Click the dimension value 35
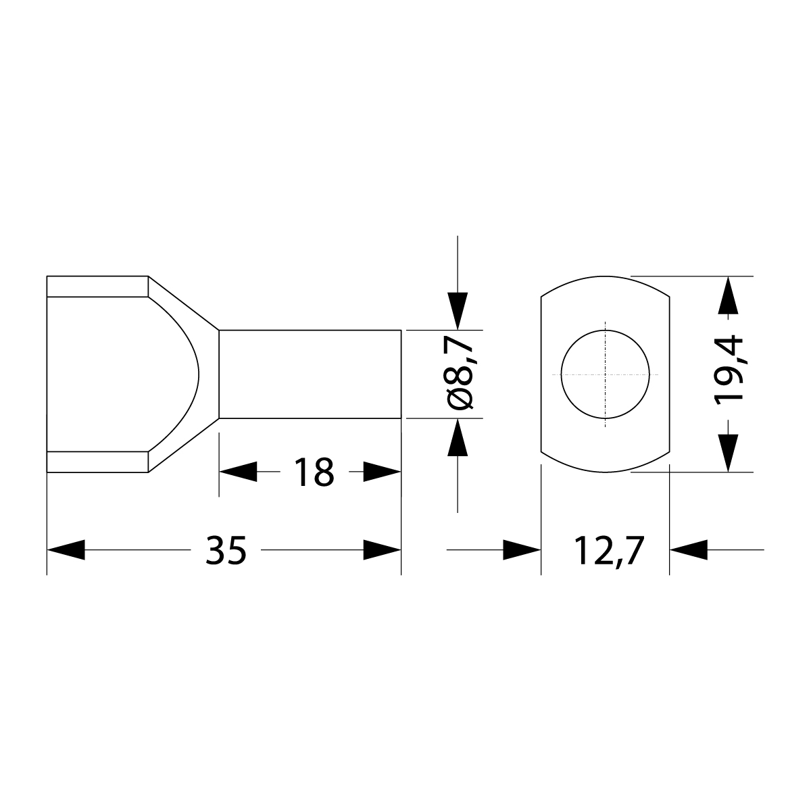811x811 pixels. (226, 550)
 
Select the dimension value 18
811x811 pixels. (314, 472)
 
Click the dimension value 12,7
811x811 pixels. (606, 550)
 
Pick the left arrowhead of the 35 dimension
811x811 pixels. (66, 549)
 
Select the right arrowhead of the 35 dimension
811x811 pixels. (382, 549)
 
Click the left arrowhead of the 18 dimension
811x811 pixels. (238, 472)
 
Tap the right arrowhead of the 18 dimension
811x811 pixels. (382, 472)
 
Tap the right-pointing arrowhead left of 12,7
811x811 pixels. (522, 549)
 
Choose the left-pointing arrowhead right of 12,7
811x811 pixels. (688, 549)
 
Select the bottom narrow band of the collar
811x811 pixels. (97, 462)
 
